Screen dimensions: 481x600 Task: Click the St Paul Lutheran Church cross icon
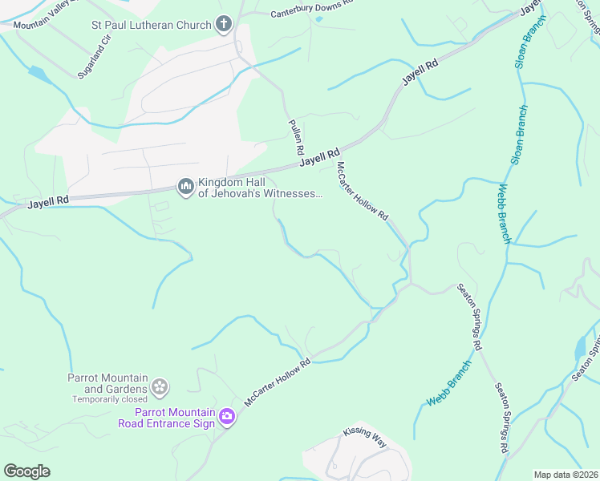click(224, 24)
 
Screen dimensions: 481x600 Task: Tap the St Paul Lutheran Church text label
click(151, 24)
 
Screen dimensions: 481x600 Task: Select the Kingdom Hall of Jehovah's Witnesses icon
click(186, 188)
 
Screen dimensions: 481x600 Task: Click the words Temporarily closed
click(110, 399)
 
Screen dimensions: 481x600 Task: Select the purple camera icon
click(226, 416)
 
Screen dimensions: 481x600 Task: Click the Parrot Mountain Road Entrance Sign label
click(166, 418)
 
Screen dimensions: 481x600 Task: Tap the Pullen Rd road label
click(294, 137)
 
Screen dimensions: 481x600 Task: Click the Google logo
click(26, 471)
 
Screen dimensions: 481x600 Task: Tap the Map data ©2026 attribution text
click(565, 475)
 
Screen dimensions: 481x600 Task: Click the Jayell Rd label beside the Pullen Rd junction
click(321, 157)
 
